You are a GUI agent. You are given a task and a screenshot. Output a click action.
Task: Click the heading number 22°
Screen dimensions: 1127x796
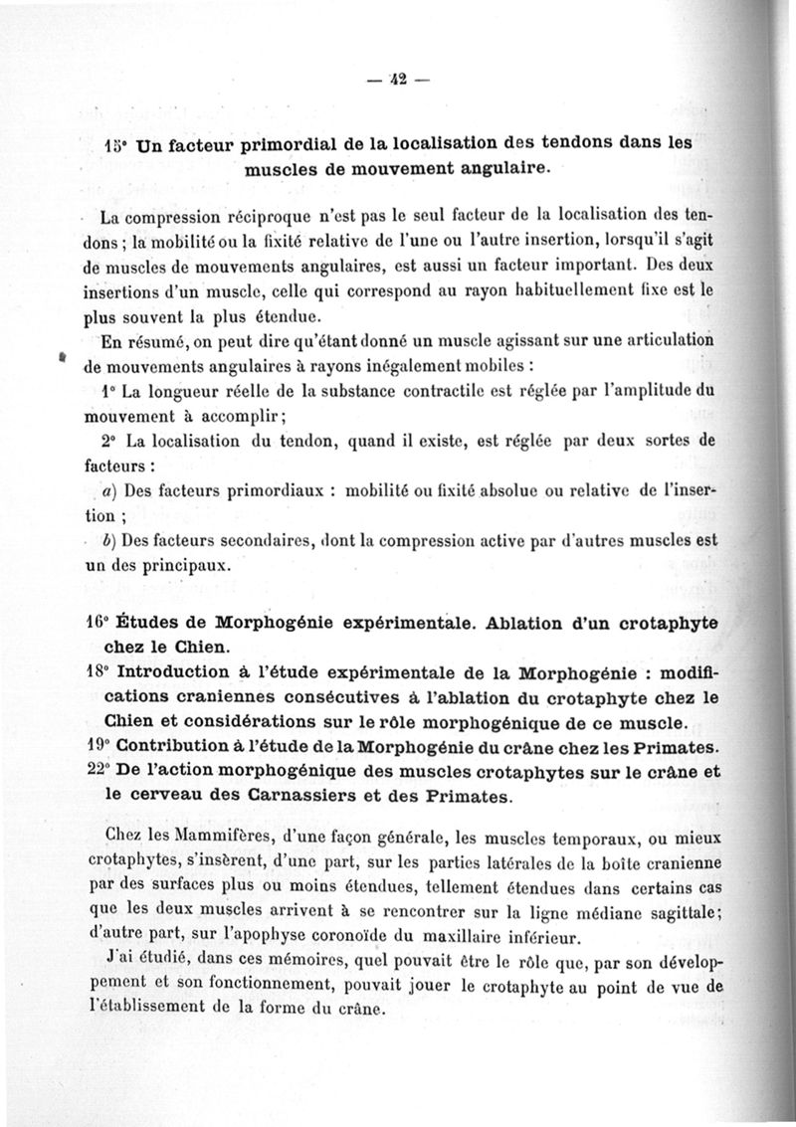(97, 771)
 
